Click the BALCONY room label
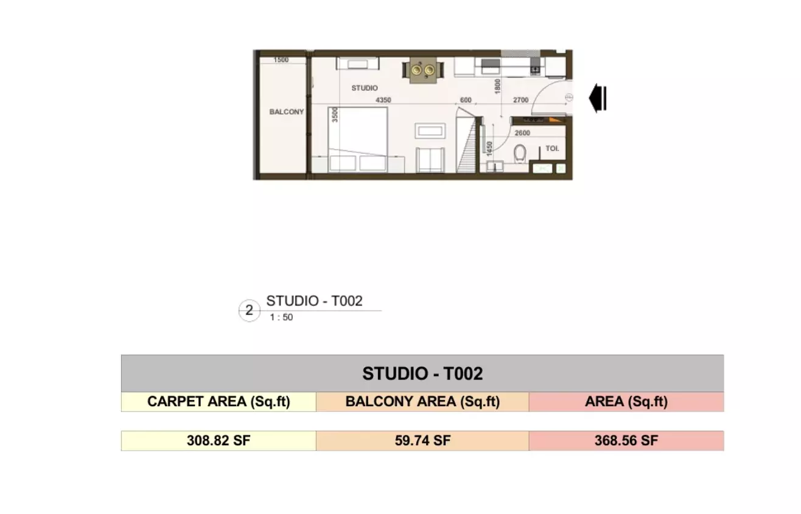pyautogui.click(x=287, y=112)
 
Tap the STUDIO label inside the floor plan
pyautogui.click(x=365, y=88)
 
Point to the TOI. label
pyautogui.click(x=552, y=149)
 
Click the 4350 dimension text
pyautogui.click(x=383, y=100)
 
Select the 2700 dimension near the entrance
pyautogui.click(x=520, y=100)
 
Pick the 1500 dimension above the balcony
pyautogui.click(x=281, y=60)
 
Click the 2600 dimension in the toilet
pyautogui.click(x=522, y=133)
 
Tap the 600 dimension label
pyautogui.click(x=466, y=100)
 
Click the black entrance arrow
pyautogui.click(x=598, y=98)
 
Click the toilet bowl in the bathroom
pyautogui.click(x=520, y=153)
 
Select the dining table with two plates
pyautogui.click(x=423, y=70)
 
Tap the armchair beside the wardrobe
pyautogui.click(x=430, y=160)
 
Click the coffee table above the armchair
pyautogui.click(x=430, y=131)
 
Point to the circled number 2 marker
pyautogui.click(x=249, y=310)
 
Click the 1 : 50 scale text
pyautogui.click(x=281, y=317)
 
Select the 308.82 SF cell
pyautogui.click(x=219, y=441)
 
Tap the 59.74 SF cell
pyautogui.click(x=422, y=441)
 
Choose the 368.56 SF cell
pyautogui.click(x=626, y=441)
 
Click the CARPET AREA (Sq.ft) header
pyautogui.click(x=219, y=402)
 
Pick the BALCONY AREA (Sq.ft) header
pyautogui.click(x=422, y=402)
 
